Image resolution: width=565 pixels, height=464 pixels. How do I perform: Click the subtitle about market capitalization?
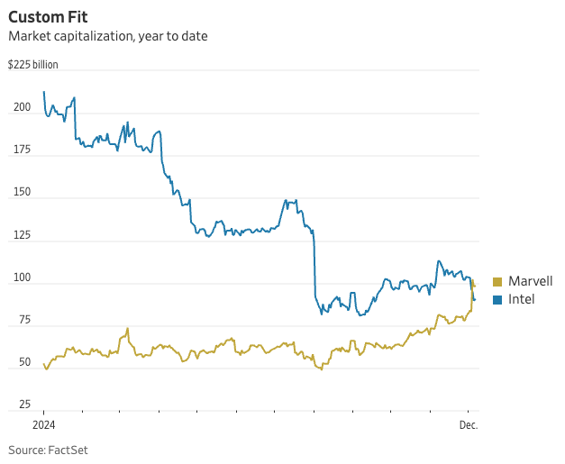[107, 37]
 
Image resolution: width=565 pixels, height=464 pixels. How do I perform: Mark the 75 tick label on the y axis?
[23, 320]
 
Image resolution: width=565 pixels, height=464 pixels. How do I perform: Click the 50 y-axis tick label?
[23, 362]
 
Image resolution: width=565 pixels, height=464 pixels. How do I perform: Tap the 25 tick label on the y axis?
[23, 405]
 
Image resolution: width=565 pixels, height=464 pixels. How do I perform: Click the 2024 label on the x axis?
[44, 424]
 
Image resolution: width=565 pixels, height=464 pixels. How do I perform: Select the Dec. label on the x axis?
[469, 424]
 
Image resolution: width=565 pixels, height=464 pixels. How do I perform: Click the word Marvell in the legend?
[531, 282]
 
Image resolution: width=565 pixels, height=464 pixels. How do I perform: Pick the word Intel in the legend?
[522, 299]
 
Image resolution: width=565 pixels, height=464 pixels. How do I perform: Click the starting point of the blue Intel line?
[43, 92]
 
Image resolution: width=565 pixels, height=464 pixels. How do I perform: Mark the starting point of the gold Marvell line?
[43, 364]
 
